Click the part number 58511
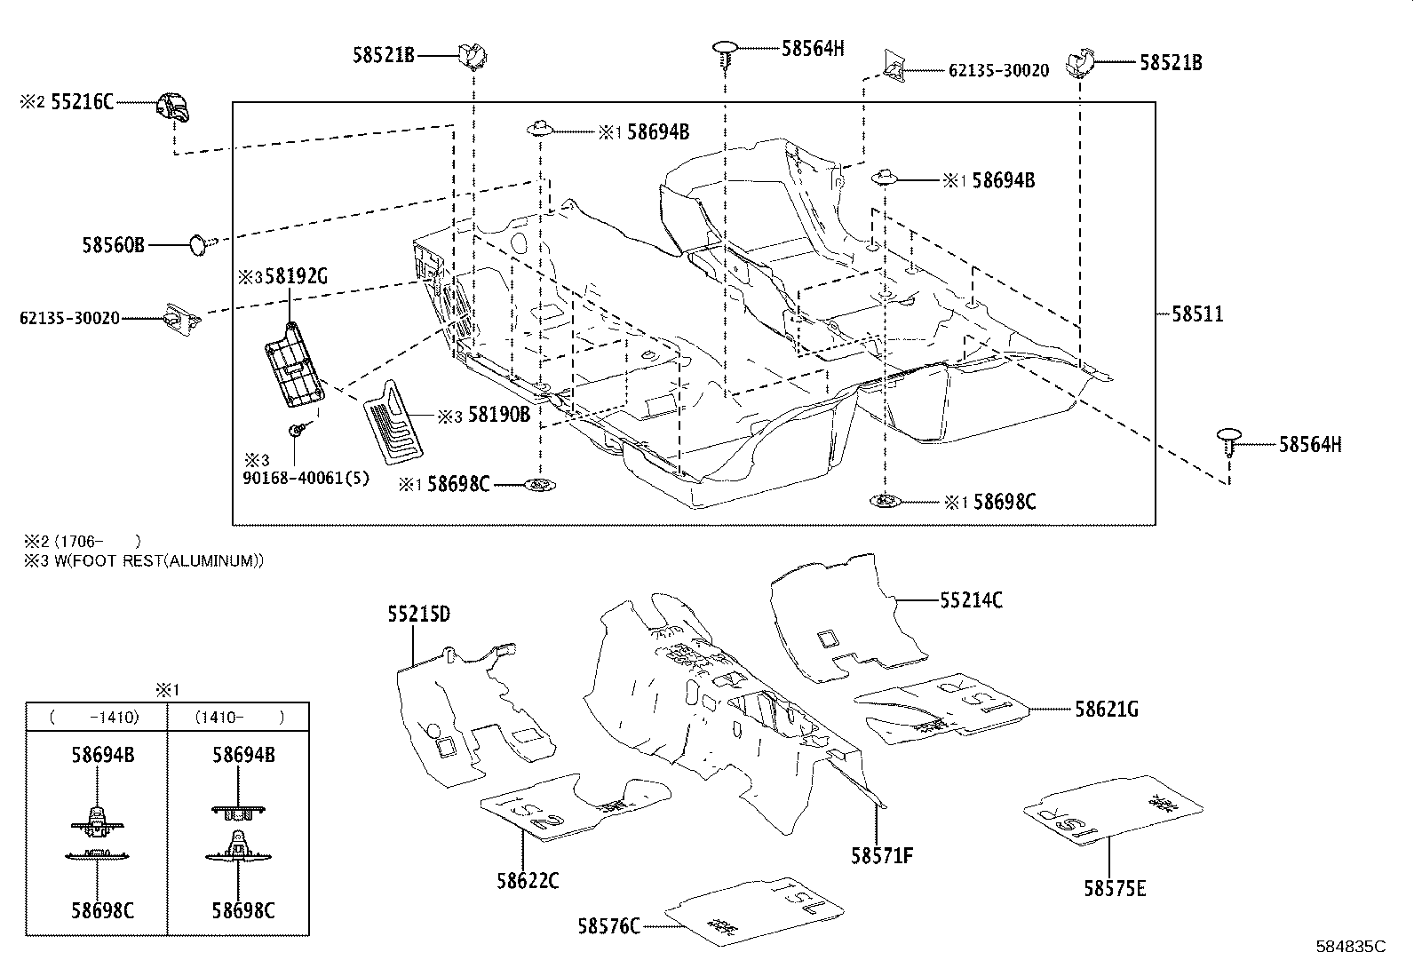[1196, 313]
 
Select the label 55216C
[82, 102]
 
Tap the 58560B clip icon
[202, 242]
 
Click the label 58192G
[297, 277]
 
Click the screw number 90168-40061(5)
[306, 479]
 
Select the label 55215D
[418, 614]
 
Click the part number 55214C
[971, 600]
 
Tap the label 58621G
[1106, 709]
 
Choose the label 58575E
[1114, 887]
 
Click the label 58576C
[608, 926]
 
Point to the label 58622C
[528, 880]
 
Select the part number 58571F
[882, 855]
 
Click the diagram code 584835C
[1350, 947]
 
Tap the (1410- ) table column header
[239, 717]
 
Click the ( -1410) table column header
[96, 717]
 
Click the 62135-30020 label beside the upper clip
[998, 70]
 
